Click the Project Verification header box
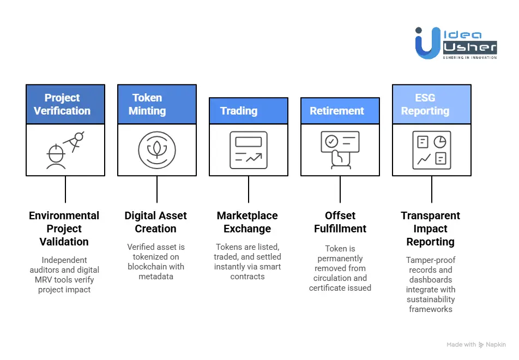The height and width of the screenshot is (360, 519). click(65, 104)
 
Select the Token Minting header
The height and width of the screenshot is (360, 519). click(156, 104)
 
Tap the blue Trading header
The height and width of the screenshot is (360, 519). click(248, 111)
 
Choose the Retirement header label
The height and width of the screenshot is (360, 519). click(340, 111)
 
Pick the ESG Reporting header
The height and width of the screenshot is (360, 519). click(431, 104)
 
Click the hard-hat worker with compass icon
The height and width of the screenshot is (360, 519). click(65, 150)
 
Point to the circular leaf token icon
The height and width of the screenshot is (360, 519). click(156, 150)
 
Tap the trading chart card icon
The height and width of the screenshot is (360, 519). click(248, 150)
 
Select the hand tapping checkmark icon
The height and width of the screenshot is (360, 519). click(340, 150)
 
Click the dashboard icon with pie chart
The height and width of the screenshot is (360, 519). click(431, 150)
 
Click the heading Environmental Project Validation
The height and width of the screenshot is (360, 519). click(64, 229)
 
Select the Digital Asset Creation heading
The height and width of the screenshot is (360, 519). click(156, 222)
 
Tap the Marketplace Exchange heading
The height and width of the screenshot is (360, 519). click(248, 222)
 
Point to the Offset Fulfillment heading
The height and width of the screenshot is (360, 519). click(340, 222)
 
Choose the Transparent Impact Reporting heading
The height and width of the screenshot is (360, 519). click(431, 229)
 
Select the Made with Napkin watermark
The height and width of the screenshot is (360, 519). click(476, 345)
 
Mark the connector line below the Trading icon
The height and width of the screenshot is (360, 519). click(249, 189)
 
